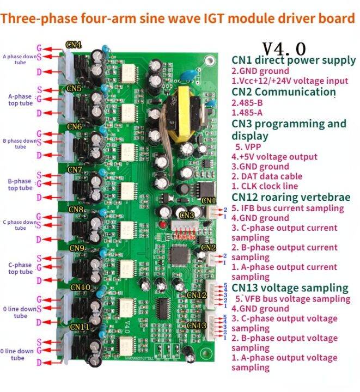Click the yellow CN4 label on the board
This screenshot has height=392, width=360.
tap(73, 45)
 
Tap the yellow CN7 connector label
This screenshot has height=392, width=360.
tap(75, 170)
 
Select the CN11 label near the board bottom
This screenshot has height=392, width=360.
tap(80, 327)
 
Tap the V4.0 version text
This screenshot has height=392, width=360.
tap(284, 48)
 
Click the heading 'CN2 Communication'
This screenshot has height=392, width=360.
tap(282, 91)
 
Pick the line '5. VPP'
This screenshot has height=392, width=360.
tap(248, 146)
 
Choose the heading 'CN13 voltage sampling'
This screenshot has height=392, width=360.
tap(290, 287)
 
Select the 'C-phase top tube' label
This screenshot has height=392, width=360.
tap(20, 268)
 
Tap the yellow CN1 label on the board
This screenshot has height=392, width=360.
tap(209, 200)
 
